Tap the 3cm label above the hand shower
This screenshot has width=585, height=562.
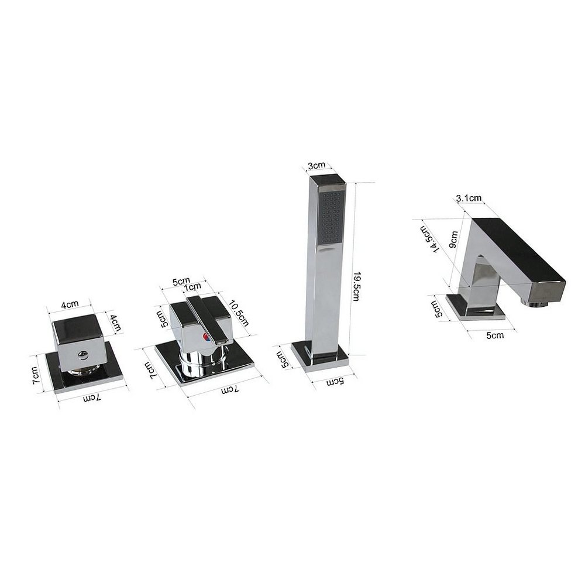(316, 165)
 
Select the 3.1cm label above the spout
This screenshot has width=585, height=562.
(469, 198)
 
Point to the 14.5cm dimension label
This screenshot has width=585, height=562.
(427, 239)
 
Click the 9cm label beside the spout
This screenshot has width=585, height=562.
(453, 239)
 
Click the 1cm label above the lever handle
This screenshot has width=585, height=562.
(192, 287)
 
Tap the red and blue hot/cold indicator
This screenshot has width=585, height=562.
(205, 337)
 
